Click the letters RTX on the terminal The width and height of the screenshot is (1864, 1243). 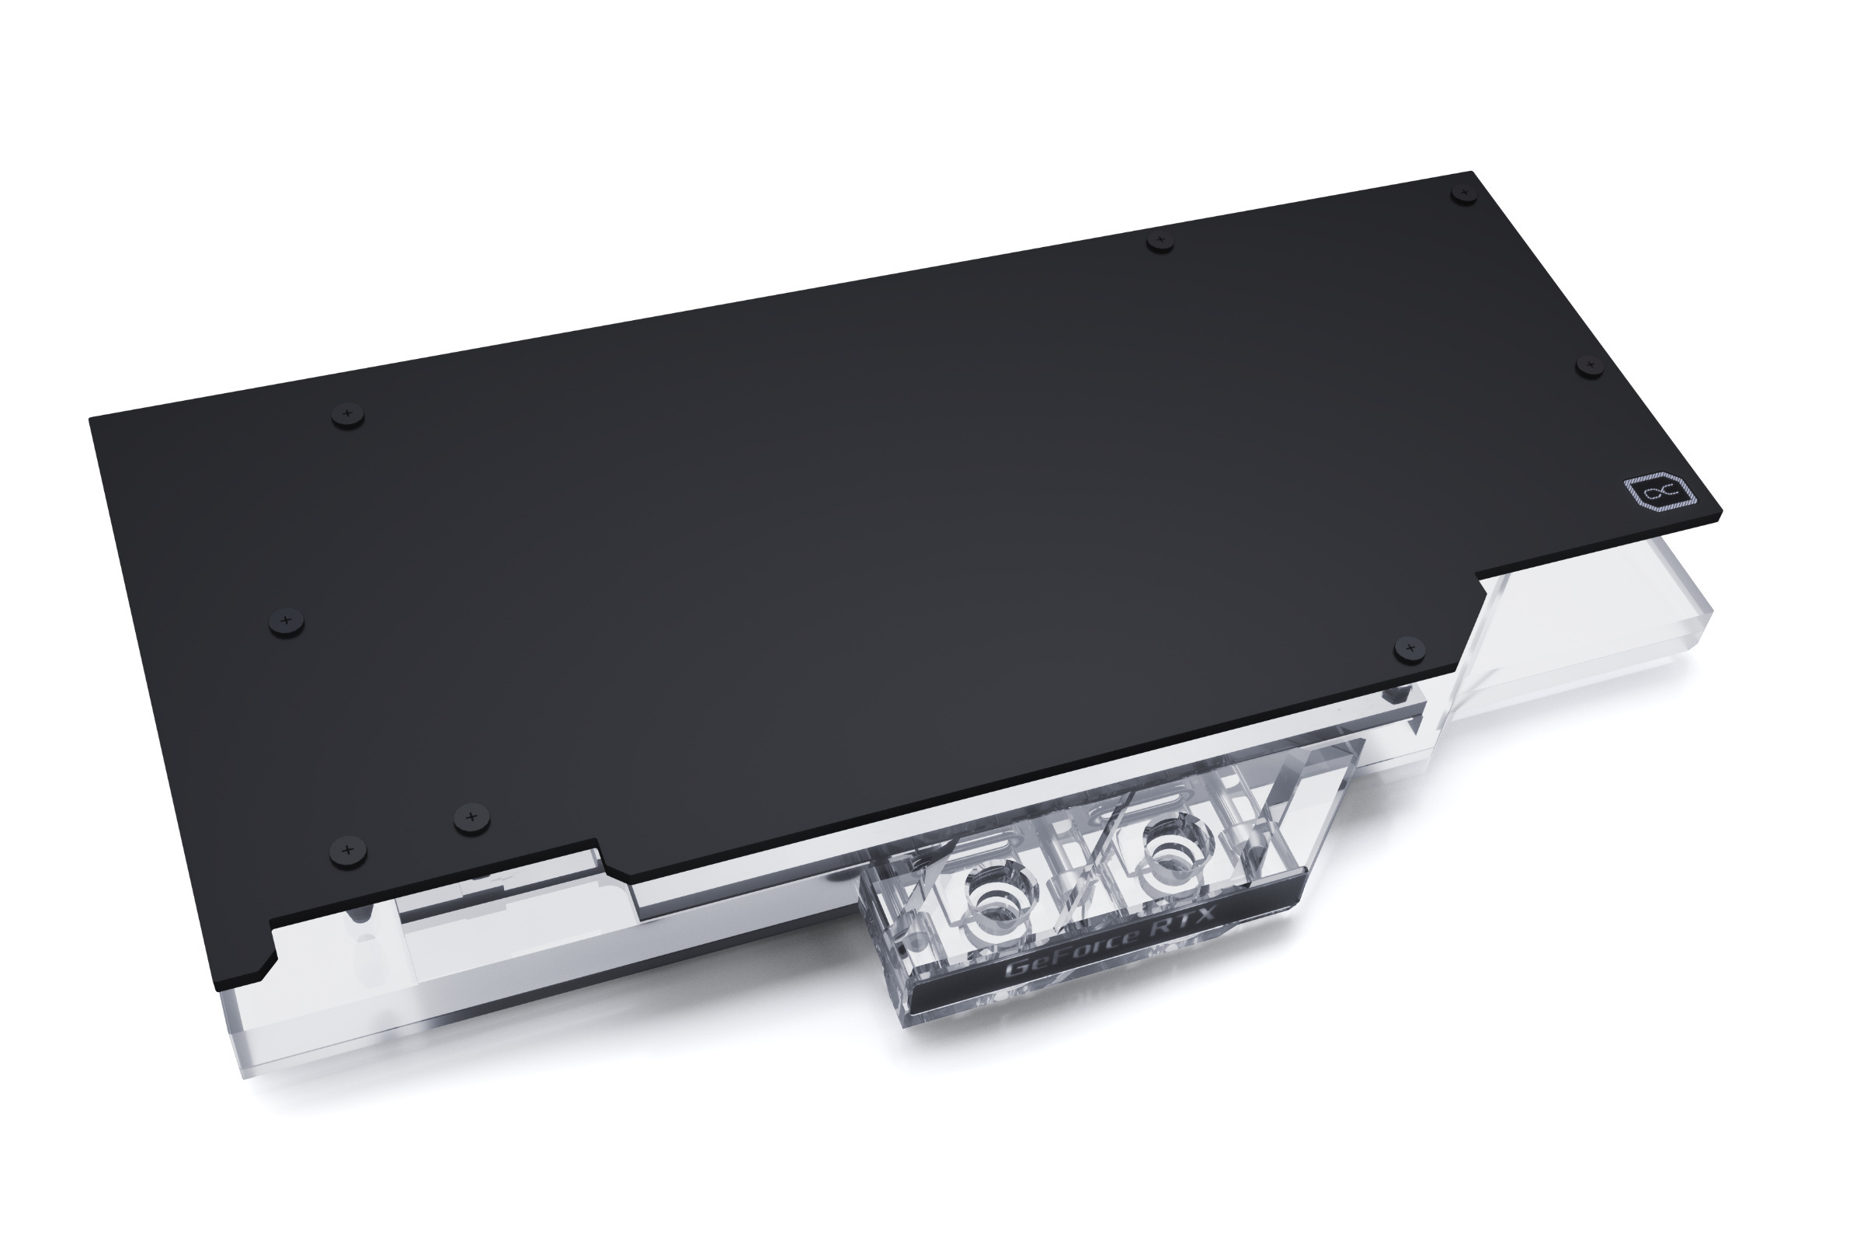[x=1185, y=924]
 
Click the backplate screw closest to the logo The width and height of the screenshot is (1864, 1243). [x=1589, y=365]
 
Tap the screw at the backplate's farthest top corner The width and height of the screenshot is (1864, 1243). [x=1464, y=193]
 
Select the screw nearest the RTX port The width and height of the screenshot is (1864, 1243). [x=1408, y=648]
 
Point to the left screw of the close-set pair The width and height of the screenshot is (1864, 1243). [x=348, y=850]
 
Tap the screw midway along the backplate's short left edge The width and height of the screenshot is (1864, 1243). [x=287, y=618]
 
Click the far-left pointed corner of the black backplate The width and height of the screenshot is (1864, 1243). [x=92, y=418]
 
